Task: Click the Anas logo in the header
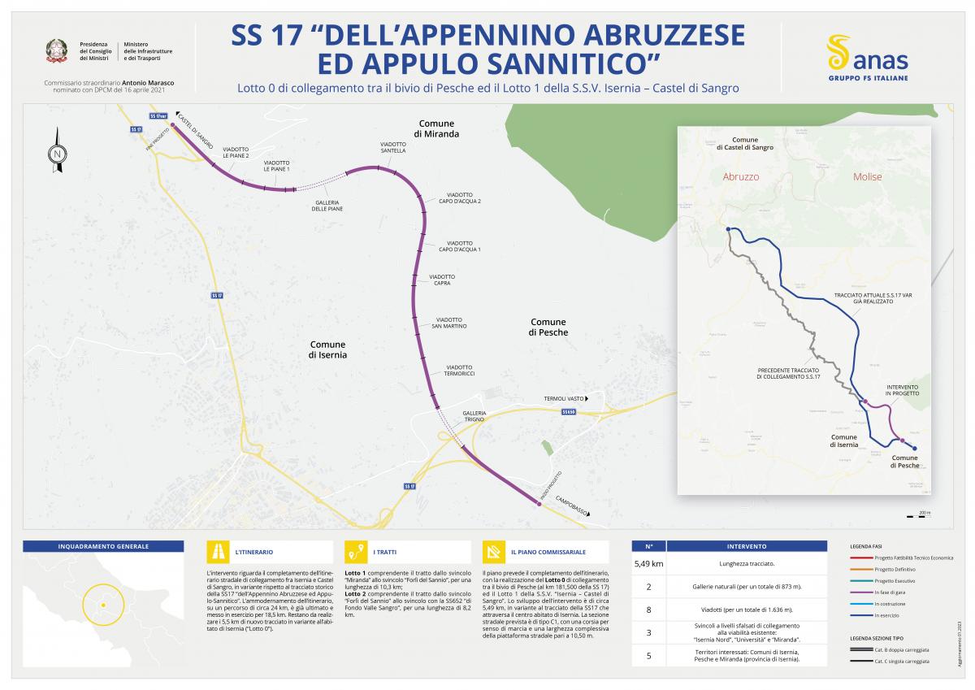[867, 57]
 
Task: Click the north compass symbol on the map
[57, 150]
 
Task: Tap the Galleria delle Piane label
[327, 205]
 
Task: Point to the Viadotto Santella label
[393, 147]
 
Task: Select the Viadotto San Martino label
[449, 323]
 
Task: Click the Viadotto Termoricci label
[460, 370]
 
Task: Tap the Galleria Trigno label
[474, 416]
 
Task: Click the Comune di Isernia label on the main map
[327, 349]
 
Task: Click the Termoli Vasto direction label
[564, 399]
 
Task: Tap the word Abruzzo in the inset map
[740, 176]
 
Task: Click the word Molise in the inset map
[867, 176]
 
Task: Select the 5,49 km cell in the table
[648, 563]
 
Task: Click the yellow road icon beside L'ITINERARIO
[218, 552]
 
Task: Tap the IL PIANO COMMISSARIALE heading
[548, 553]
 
